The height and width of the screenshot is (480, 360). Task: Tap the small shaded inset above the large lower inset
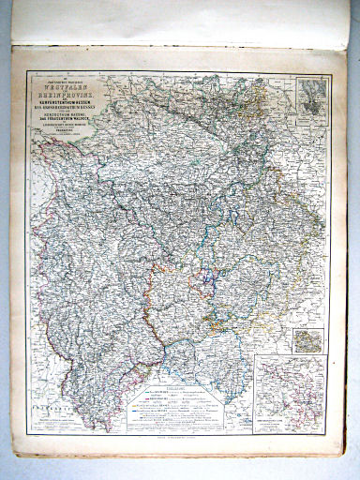click(x=307, y=340)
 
